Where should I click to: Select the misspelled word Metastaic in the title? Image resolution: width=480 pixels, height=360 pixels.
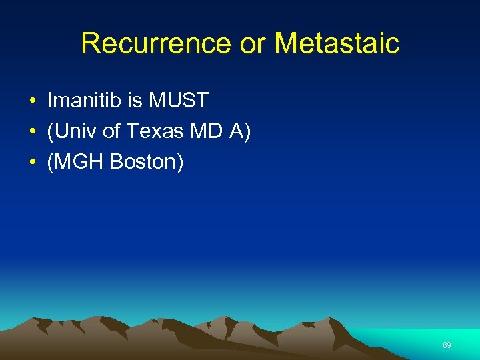click(337, 43)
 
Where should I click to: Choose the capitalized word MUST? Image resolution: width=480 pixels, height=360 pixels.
click(179, 101)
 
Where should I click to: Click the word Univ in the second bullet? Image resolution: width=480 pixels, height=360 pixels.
click(77, 132)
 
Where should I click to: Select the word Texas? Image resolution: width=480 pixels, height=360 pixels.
click(155, 132)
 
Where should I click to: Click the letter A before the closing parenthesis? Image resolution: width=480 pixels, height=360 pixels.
click(236, 132)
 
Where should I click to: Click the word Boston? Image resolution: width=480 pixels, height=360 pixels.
click(142, 163)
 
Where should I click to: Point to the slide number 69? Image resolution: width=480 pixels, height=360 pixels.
click(447, 345)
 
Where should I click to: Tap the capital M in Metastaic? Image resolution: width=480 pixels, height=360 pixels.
click(285, 43)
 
